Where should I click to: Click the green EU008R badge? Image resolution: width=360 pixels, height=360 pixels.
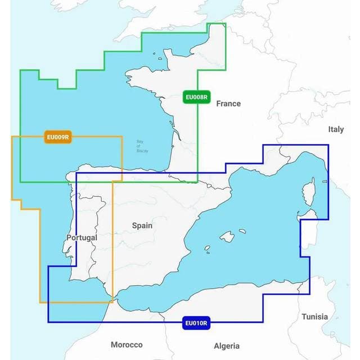coord(197,97)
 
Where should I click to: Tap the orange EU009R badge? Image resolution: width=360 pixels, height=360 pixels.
coord(58,137)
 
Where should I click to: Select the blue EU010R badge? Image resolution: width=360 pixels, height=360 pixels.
coord(196,323)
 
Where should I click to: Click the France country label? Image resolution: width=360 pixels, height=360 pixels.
coord(228,103)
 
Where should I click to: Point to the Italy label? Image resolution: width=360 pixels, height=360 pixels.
coord(336,129)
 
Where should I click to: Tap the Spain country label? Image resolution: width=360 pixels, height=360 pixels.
coord(142,226)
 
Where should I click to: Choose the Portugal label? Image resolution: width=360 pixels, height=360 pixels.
coord(82,237)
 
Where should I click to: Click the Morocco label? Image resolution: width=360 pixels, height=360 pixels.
coord(127,344)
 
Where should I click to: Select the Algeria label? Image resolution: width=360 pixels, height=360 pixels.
coord(227,346)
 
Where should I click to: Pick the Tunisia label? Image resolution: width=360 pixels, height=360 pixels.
coord(314,317)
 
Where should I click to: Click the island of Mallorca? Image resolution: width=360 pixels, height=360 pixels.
coord(227,236)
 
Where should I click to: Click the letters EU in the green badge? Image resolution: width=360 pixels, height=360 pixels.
coord(191,97)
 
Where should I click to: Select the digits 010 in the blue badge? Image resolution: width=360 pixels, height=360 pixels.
coord(197,323)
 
